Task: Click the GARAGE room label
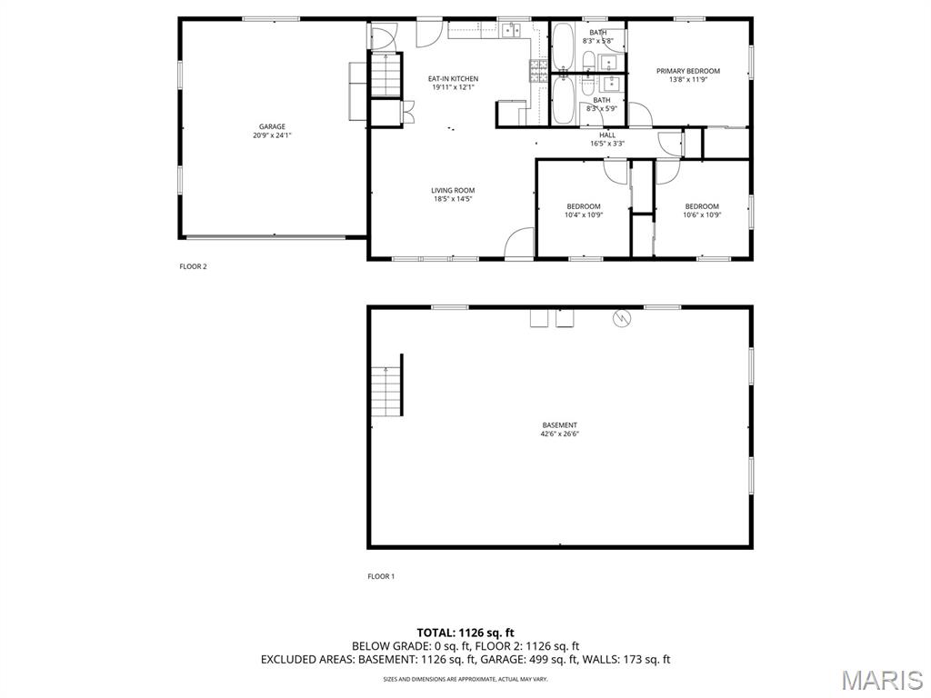[x=272, y=126]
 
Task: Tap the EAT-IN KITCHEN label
[x=453, y=79]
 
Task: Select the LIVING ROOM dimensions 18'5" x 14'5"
[x=453, y=199]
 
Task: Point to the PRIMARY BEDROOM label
[x=687, y=71]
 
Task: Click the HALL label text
[x=606, y=135]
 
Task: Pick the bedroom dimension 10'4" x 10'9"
[x=583, y=215]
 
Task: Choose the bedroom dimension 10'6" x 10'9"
[x=702, y=215]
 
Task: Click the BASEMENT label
[x=559, y=425]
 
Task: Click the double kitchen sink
[x=511, y=30]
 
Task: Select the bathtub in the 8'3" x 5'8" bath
[x=562, y=47]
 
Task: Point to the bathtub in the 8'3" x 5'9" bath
[x=562, y=100]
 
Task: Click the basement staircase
[x=387, y=392]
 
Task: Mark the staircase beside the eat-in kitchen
[x=386, y=75]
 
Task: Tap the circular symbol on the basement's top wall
[x=622, y=319]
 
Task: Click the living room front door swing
[x=519, y=244]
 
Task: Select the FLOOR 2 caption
[x=193, y=266]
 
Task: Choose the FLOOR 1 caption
[x=381, y=576]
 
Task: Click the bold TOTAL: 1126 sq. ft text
[x=465, y=633]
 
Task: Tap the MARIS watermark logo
[x=882, y=680]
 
